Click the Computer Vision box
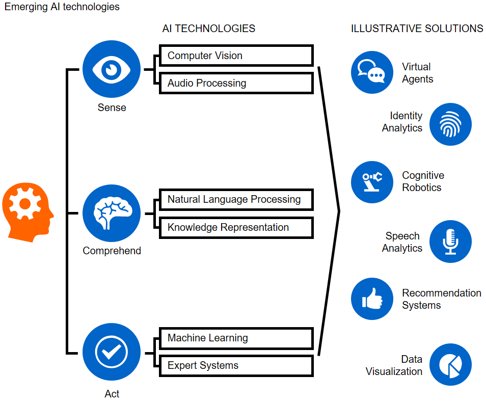coord(236,56)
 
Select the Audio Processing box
coord(236,83)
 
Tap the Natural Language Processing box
coord(236,199)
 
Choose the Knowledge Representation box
coord(236,227)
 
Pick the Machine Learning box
coord(236,338)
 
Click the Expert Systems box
coord(236,365)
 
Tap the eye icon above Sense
coord(112,70)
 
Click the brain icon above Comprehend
coord(112,213)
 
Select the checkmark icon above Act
coord(112,352)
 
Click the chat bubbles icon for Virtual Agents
coord(372,72)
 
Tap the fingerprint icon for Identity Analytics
coord(450,124)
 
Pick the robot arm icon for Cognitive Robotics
coord(372,182)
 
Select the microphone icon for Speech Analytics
coord(450,242)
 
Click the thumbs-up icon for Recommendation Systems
coord(372,299)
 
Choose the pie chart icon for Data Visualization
coord(450,365)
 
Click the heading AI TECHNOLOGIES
coord(208,29)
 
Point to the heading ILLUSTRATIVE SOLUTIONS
coord(417,29)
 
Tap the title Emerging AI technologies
coord(62,7)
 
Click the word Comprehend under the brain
coord(112,251)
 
